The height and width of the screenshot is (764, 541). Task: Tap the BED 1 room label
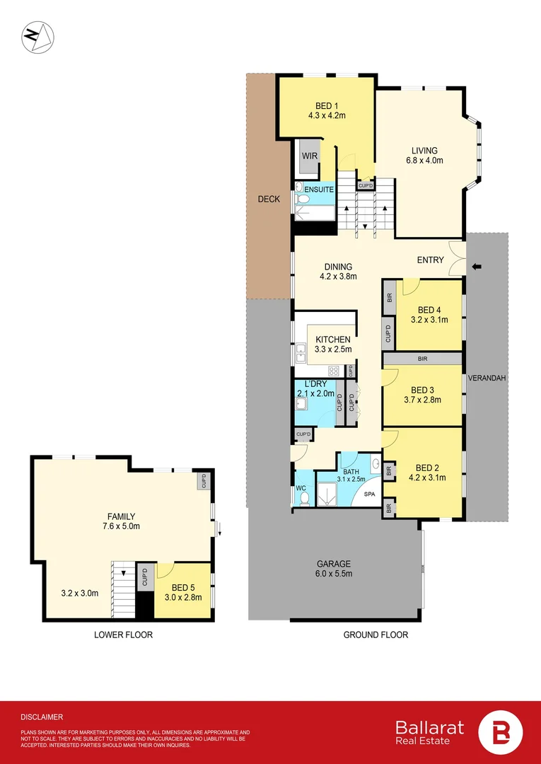327,106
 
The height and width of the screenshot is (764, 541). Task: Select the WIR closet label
309,156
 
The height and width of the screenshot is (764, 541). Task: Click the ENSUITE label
319,190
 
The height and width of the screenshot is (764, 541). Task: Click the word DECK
268,199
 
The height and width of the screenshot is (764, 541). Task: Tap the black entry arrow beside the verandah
477,267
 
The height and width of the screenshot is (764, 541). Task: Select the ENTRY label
430,260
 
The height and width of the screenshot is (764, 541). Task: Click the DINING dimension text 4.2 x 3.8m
338,277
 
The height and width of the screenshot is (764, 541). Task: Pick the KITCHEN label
333,340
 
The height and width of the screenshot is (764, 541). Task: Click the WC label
300,487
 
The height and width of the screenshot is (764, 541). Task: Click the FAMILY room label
121,516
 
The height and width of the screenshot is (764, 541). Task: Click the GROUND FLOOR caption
376,635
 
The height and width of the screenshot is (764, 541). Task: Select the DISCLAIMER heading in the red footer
42,717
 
